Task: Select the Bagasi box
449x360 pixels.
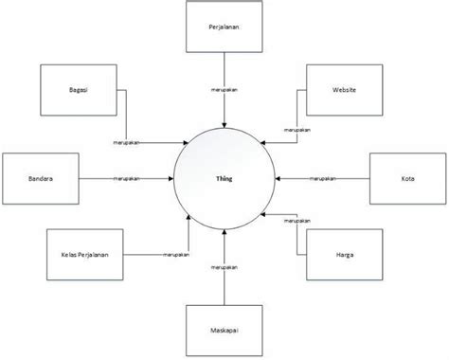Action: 79,89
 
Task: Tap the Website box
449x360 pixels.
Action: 344,89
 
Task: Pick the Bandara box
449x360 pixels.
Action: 40,177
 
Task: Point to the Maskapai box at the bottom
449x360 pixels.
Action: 224,331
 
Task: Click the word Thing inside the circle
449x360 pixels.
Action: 224,177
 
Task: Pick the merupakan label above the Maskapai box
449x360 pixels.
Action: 224,268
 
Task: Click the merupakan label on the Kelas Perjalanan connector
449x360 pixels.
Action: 173,254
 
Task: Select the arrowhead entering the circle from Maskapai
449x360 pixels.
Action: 224,230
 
